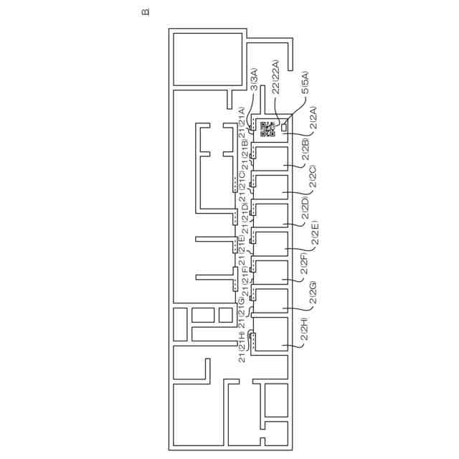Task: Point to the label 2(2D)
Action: click(306, 207)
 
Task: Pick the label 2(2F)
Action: click(306, 264)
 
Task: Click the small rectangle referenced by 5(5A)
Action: click(285, 127)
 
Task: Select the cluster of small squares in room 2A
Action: click(268, 129)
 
